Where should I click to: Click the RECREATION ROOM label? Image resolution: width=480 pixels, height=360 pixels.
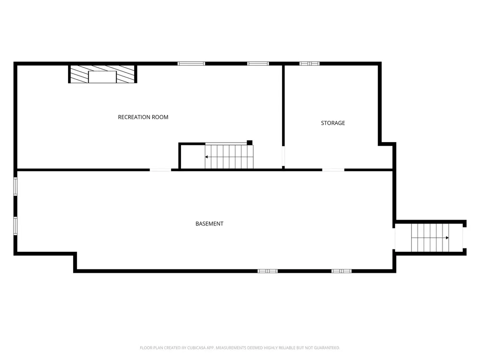coord(143,117)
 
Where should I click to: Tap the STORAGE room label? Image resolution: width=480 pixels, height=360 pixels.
coord(333,123)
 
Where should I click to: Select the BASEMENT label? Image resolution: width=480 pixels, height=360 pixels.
coord(210,224)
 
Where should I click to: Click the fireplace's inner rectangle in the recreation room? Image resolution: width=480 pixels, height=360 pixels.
coord(102,77)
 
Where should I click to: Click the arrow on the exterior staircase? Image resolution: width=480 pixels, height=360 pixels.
coord(430,238)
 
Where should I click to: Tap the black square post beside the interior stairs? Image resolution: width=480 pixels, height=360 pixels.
coord(249,142)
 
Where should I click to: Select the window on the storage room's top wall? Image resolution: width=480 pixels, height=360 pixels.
coord(309,64)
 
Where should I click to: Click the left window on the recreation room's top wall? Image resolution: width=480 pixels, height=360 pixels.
coord(191,64)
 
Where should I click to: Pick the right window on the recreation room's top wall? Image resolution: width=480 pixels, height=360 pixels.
coord(258,64)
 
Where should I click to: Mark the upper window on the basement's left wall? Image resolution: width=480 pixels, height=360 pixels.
coord(15,187)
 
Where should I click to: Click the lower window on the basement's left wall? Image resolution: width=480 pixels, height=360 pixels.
coord(15,226)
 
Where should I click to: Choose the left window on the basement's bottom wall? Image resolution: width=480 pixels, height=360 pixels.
coord(268,271)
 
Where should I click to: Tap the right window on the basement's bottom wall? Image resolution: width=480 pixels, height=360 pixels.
coord(342,271)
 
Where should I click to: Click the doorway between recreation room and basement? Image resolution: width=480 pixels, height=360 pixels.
coord(160,170)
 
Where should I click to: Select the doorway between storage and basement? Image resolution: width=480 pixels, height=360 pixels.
coord(333,170)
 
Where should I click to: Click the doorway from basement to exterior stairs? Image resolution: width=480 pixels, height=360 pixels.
coord(394,239)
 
